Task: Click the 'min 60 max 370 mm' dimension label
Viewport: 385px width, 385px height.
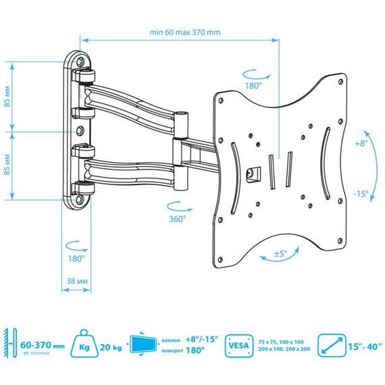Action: pyautogui.click(x=185, y=32)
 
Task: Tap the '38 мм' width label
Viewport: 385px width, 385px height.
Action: pyautogui.click(x=77, y=281)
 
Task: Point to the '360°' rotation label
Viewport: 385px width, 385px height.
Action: pyautogui.click(x=178, y=219)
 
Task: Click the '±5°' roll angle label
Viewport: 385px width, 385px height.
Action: pyautogui.click(x=281, y=253)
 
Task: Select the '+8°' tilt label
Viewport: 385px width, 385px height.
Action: pyautogui.click(x=361, y=143)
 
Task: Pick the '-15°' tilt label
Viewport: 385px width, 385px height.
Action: pyautogui.click(x=361, y=194)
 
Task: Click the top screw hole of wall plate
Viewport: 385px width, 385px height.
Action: pyautogui.click(x=80, y=61)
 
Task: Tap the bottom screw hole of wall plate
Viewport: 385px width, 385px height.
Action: pyautogui.click(x=80, y=199)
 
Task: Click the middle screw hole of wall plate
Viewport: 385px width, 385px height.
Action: pyautogui.click(x=80, y=130)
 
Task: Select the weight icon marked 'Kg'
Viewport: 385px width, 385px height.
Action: pyautogui.click(x=84, y=344)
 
